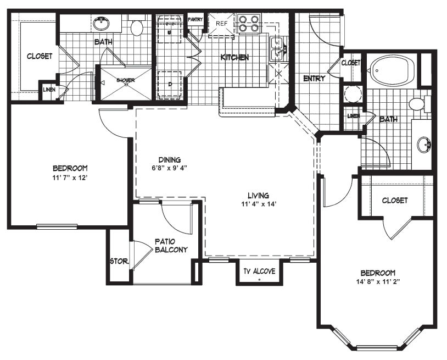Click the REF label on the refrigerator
click(x=221, y=24)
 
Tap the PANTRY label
click(x=195, y=20)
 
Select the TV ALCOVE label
click(x=259, y=271)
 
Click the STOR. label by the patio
click(x=120, y=261)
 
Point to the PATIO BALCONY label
click(x=171, y=246)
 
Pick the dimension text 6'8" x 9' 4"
click(x=169, y=168)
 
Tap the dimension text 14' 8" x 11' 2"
click(x=378, y=281)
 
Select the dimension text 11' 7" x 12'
click(x=70, y=178)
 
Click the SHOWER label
click(x=125, y=80)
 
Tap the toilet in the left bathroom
click(x=137, y=26)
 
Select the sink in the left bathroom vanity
click(x=101, y=24)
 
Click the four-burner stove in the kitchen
click(x=247, y=24)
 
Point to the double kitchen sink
click(x=276, y=49)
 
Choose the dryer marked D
click(x=170, y=84)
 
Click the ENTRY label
click(x=314, y=78)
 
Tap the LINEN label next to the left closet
click(x=49, y=90)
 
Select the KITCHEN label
click(x=234, y=57)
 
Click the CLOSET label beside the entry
click(x=351, y=63)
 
